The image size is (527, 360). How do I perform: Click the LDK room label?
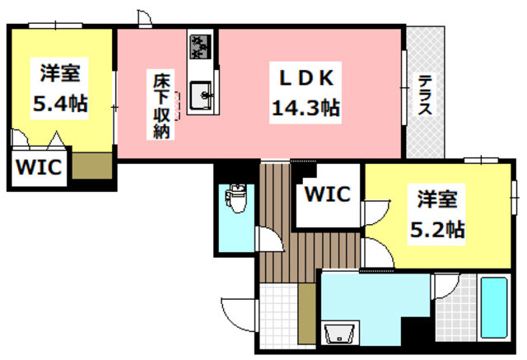tap(305, 78)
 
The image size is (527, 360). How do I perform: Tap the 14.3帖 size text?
tap(305, 107)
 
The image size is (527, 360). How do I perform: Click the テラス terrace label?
tap(425, 95)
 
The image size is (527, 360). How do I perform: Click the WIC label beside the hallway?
tap(328, 195)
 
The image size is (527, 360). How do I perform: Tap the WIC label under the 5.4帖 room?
tap(36, 167)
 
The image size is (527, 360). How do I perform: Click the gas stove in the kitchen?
tap(201, 45)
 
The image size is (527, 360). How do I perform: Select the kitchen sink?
tap(201, 96)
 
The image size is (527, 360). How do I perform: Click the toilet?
tap(236, 198)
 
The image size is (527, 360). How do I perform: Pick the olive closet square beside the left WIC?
tap(91, 167)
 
